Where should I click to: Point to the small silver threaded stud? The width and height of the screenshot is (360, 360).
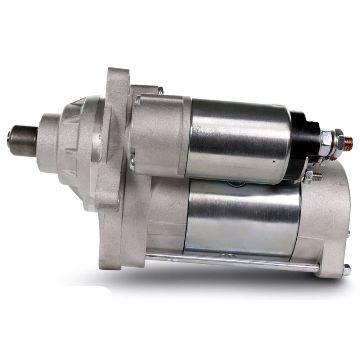click(x=318, y=176)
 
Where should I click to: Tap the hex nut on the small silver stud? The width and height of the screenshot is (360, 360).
click(x=309, y=176)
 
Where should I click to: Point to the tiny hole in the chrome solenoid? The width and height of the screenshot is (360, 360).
click(x=274, y=162)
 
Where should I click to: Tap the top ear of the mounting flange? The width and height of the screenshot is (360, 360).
click(x=117, y=77)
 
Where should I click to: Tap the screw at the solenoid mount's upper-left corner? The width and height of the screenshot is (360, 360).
click(x=138, y=101)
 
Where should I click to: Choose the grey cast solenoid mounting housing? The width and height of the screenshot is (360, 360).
click(x=160, y=133)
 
